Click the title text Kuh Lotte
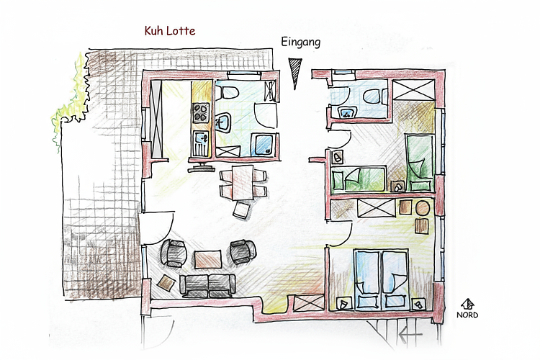pyautogui.click(x=169, y=31)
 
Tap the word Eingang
pyautogui.click(x=300, y=42)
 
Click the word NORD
pyautogui.click(x=467, y=315)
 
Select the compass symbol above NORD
pyautogui.click(x=467, y=304)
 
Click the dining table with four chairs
pyautogui.click(x=243, y=183)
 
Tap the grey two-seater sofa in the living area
pyautogui.click(x=207, y=284)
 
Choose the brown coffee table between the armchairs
pyautogui.click(x=207, y=258)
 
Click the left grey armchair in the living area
pyautogui.click(x=175, y=252)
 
